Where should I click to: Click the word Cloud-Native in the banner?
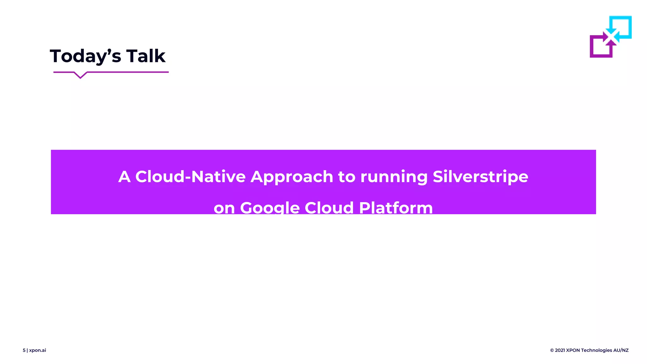pos(190,176)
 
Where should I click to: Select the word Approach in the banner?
pos(292,176)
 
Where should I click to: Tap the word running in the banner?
pos(394,177)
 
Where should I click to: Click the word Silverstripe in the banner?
pos(480,176)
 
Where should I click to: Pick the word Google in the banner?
pos(270,208)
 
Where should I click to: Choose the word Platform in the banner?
pos(396,208)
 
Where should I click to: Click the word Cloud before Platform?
pos(329,208)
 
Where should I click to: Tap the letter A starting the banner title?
pos(124,176)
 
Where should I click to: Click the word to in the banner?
pos(347,176)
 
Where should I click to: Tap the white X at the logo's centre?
pos(611,37)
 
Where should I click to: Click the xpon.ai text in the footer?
pos(38,350)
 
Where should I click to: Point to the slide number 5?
pos(24,350)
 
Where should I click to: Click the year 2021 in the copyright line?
pos(560,350)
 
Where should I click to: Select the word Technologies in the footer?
pos(596,350)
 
